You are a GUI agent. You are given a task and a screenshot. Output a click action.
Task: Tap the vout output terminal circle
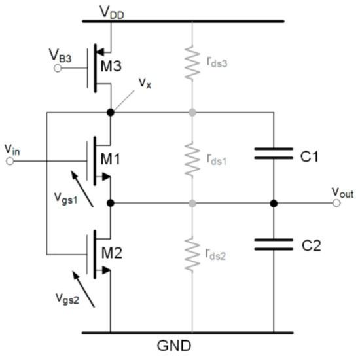click(337, 203)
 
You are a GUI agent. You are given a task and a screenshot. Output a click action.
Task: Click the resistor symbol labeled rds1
click(192, 157)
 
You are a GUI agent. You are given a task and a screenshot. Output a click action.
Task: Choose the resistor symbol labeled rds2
click(192, 255)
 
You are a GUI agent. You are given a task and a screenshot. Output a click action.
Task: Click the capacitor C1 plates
click(274, 157)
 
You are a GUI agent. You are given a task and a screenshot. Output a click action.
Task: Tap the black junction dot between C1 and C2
click(274, 203)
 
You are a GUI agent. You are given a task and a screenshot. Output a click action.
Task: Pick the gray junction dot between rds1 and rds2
click(192, 203)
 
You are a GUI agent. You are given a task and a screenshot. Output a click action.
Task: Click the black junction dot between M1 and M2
click(110, 203)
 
